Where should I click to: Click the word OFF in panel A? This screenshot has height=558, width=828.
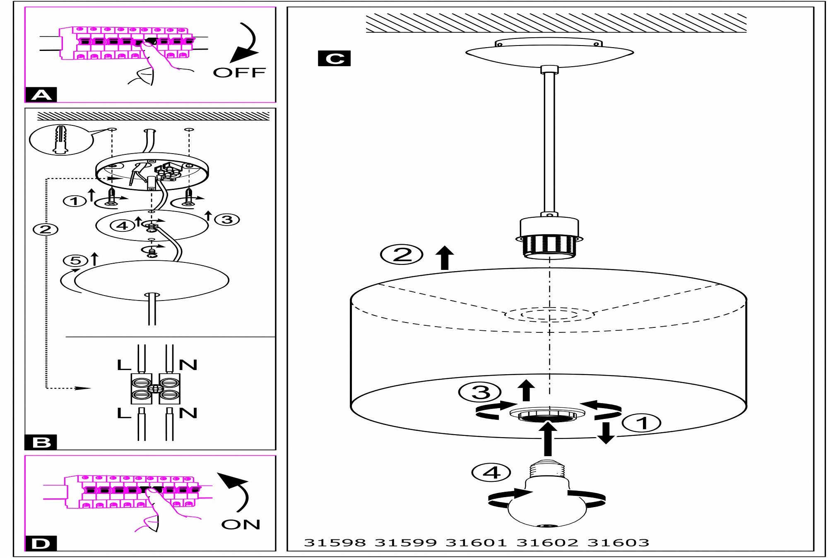[239, 72]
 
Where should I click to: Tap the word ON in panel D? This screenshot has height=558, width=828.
[241, 524]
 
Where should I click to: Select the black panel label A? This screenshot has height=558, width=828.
[41, 95]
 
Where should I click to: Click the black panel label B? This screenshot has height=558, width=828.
[41, 443]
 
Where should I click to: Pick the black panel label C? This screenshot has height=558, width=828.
[334, 58]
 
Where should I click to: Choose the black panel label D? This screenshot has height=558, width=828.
[41, 544]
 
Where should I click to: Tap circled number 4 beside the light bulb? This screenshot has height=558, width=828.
[491, 472]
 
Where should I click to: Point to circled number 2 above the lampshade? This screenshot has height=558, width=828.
[402, 254]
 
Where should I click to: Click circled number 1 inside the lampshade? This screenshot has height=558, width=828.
[641, 423]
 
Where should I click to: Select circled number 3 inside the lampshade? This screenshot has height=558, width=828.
[480, 392]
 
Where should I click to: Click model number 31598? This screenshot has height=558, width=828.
[335, 543]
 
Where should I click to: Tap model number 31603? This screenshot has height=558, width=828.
[618, 543]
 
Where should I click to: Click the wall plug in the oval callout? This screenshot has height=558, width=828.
[60, 139]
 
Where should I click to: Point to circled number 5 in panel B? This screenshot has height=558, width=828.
[75, 260]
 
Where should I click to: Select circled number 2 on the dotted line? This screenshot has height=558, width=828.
[46, 229]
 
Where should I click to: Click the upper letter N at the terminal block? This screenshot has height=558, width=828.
[188, 365]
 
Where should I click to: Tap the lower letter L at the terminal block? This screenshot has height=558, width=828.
[124, 413]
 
